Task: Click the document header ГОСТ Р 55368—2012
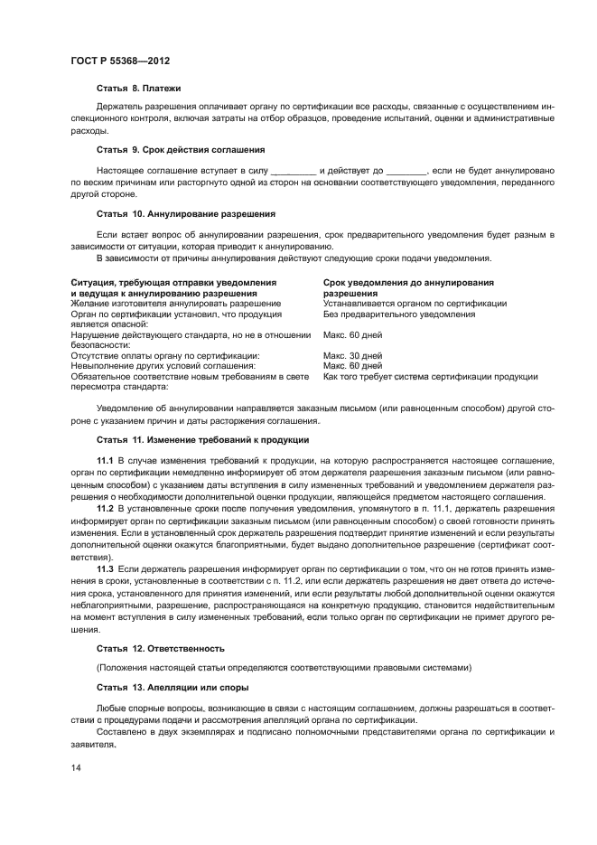120,61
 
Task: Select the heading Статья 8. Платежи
139,89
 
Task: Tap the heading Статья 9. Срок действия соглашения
180,148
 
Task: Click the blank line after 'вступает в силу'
294,171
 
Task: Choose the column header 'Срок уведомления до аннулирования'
408,283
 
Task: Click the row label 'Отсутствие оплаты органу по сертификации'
164,355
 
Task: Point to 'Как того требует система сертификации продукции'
430,376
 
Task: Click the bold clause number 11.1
105,461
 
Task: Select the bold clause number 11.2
105,509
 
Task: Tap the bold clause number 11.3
105,568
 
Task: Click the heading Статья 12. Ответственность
160,649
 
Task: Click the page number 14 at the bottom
76,767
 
